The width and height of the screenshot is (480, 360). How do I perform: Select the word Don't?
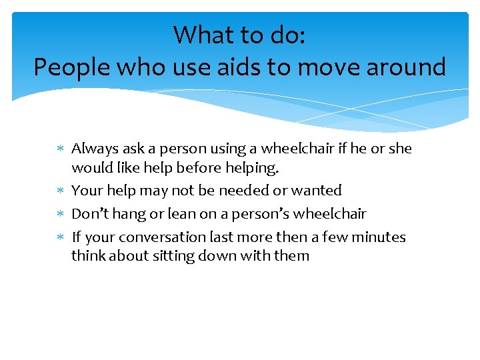point(87,214)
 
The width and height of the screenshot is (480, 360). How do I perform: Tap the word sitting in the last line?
point(173,255)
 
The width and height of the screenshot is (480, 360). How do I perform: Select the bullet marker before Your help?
point(61,191)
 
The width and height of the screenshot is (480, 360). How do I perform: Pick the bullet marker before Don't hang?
point(61,215)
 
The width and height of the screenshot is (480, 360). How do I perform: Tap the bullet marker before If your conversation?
point(61,238)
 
